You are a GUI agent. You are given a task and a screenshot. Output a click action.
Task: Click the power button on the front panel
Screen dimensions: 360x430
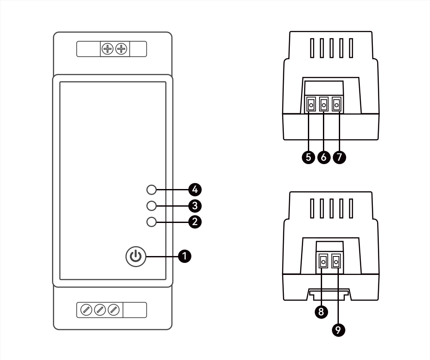[x=136, y=256]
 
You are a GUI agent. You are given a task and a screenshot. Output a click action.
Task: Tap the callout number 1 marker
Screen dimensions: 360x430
[x=185, y=256]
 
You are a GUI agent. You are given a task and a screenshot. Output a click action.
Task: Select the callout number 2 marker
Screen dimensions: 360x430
[x=195, y=222]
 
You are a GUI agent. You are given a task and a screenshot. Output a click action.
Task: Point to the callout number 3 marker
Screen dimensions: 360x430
[x=195, y=206]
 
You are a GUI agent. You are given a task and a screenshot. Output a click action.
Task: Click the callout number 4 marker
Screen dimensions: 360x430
[x=195, y=189]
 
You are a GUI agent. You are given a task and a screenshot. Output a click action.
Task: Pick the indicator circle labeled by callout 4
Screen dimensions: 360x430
[x=151, y=189]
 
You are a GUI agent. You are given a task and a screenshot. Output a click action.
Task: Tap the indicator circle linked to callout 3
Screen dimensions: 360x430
[x=151, y=206]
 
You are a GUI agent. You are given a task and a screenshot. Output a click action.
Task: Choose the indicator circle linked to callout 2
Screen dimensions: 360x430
[x=151, y=222]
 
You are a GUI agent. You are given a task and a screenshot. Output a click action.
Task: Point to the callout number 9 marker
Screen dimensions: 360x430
[x=338, y=329]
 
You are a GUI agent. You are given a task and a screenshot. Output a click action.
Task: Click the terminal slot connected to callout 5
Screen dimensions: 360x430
[x=310, y=105]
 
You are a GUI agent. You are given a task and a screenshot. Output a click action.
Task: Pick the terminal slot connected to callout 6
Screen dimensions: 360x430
[x=324, y=105]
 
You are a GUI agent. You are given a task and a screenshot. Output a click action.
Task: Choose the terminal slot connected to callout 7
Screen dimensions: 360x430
[x=337, y=105]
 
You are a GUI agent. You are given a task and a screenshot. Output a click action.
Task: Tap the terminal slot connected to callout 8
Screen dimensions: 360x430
[x=322, y=261]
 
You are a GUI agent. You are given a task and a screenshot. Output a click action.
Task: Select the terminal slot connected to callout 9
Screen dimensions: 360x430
[x=336, y=261]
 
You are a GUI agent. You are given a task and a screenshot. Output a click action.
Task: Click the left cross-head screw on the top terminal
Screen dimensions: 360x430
[x=107, y=49]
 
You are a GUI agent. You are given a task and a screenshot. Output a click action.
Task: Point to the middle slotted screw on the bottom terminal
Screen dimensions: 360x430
[x=100, y=310]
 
